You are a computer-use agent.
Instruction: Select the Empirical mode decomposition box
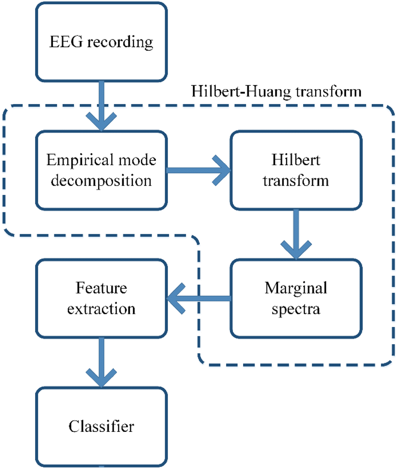coord(102,171)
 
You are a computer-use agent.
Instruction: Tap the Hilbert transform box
coord(295,171)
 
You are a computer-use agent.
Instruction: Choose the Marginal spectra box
coord(295,299)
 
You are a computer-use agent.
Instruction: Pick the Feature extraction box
coord(102,299)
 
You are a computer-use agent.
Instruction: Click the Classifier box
coord(102,427)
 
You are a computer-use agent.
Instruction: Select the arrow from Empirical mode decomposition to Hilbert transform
coord(197,171)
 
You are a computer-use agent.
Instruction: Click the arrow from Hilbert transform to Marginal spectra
coord(295,234)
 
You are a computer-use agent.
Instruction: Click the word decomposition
coord(102,181)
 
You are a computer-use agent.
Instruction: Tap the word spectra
coord(295,309)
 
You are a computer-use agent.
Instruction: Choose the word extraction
coord(102,309)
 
